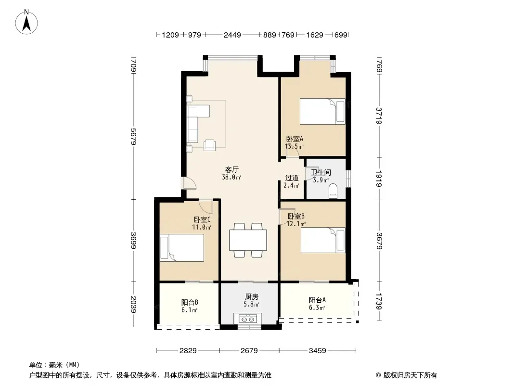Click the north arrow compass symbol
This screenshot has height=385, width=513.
click(x=26, y=22)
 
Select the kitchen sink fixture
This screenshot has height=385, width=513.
click(x=247, y=319)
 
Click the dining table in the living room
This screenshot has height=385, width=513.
click(x=248, y=240)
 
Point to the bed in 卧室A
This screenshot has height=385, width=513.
click(x=322, y=111)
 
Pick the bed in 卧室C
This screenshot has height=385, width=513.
click(x=182, y=248)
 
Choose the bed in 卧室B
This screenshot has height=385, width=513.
click(x=323, y=240)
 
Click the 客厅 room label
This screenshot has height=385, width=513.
click(x=231, y=169)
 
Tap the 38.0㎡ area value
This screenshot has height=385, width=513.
click(x=231, y=177)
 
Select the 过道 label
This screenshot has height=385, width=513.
click(x=292, y=178)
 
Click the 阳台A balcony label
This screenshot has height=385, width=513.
click(x=317, y=300)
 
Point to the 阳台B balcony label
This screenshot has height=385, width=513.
click(x=190, y=302)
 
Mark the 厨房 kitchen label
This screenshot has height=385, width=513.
click(x=252, y=296)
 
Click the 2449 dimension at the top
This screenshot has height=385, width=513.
click(x=232, y=35)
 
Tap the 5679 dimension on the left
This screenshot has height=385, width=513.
click(x=133, y=136)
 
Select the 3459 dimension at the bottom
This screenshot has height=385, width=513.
click(x=317, y=351)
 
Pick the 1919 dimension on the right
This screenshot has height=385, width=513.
click(x=379, y=179)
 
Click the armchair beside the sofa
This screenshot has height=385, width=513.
click(x=209, y=145)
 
